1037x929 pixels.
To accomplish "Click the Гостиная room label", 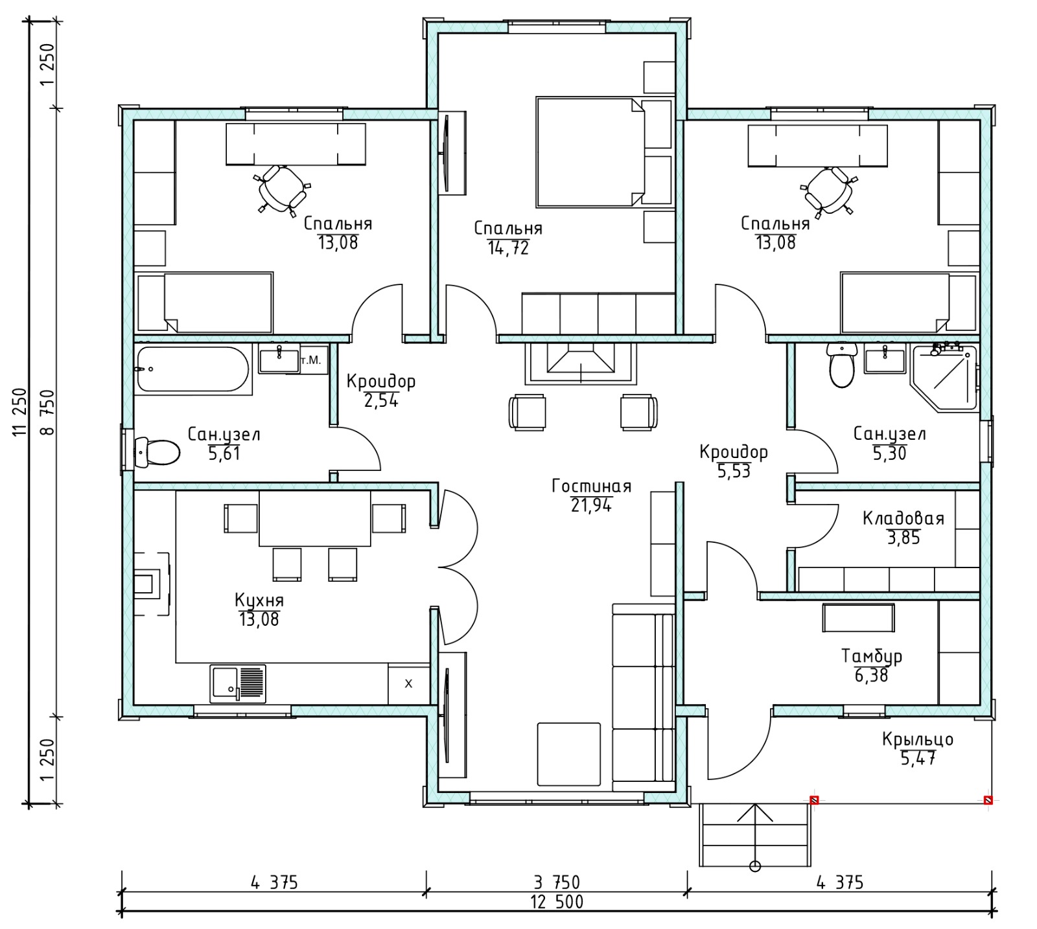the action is pos(591,486).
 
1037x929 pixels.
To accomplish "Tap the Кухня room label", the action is pos(259,601).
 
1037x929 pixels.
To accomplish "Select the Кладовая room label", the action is pos(903,518).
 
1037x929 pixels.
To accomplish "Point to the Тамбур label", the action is pos(872,656).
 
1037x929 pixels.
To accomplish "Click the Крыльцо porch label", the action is pos(917,739).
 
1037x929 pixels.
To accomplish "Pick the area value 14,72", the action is pos(508,247).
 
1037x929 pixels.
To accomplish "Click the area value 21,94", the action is pos(591,505).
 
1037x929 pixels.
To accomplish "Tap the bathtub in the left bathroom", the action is pos(193,370).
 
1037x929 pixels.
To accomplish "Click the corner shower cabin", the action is pos(944,378).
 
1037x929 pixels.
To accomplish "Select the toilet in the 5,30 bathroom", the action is pos(842,365).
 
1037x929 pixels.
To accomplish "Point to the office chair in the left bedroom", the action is pos(282,188).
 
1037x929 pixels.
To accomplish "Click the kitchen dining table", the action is pos(315,518).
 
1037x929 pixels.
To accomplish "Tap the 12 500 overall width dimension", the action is pos(557,902).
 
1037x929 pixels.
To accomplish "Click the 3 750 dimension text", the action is pos(557,882).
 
